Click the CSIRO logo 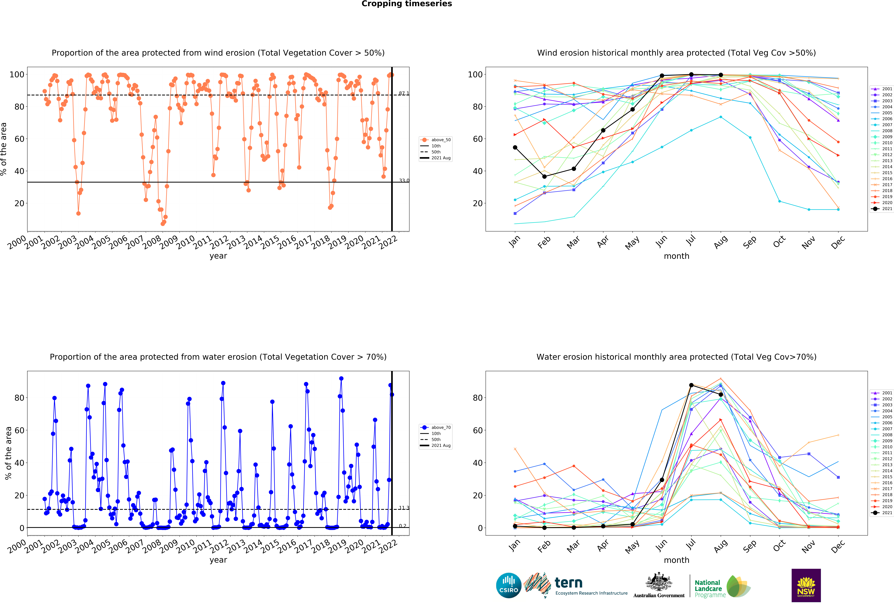click(x=509, y=586)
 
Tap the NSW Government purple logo click(x=806, y=585)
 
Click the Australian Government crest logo click(x=659, y=585)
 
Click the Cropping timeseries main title click(x=407, y=4)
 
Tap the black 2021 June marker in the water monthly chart click(x=662, y=480)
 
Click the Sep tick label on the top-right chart click(x=750, y=242)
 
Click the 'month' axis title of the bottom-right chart click(x=677, y=560)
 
